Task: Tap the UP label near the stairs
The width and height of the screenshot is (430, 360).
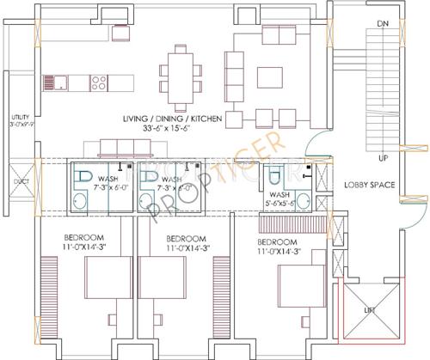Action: click(383, 158)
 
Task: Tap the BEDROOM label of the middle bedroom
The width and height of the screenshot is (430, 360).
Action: click(186, 238)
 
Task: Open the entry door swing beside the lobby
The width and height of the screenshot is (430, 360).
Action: click(317, 143)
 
